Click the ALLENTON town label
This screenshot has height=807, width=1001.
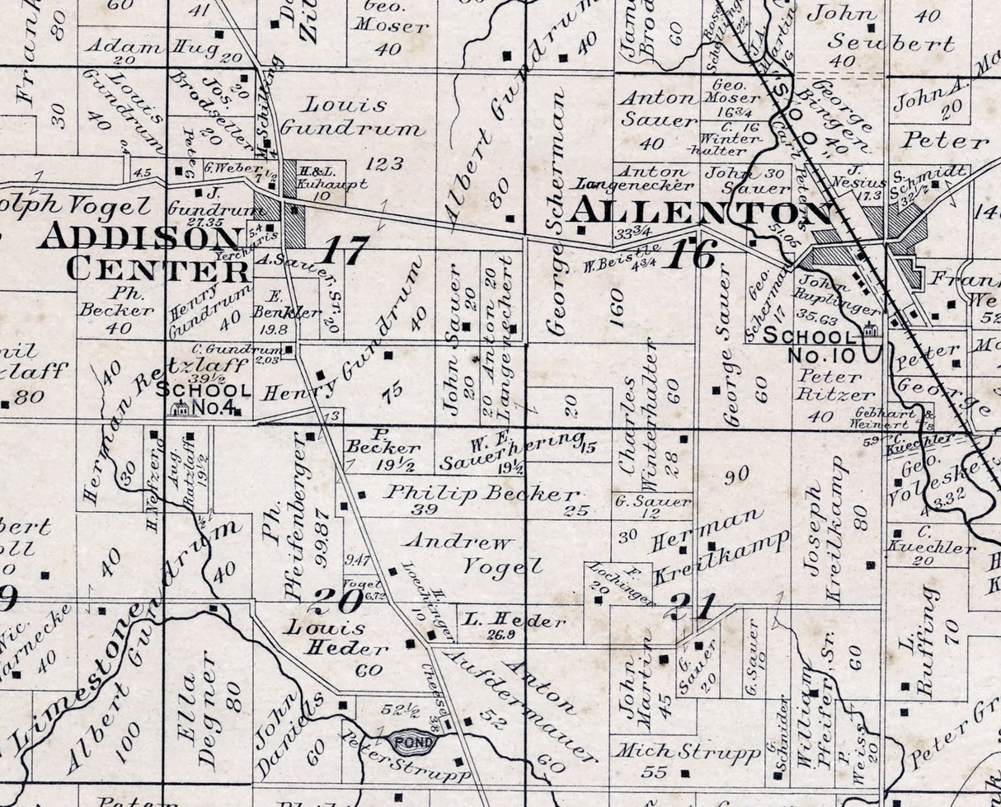coord(699,212)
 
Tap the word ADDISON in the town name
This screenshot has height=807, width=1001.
coord(139,237)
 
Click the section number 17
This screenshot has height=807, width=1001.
coord(344,251)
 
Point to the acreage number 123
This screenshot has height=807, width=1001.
coord(384,163)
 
